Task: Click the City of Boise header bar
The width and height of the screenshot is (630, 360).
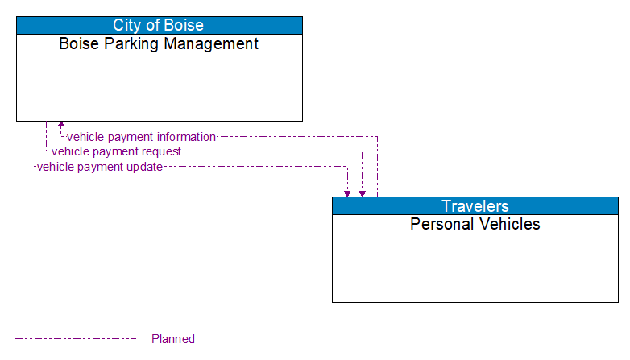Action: (x=159, y=25)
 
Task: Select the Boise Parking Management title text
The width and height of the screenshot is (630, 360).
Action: (x=159, y=43)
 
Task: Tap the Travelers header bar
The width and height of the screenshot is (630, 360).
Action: (x=475, y=205)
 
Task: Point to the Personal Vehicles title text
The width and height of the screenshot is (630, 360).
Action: (x=475, y=224)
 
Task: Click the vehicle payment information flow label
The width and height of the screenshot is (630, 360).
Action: (x=141, y=137)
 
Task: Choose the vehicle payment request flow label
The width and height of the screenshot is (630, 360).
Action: (x=116, y=151)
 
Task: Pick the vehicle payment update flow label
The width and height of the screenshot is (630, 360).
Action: (x=99, y=167)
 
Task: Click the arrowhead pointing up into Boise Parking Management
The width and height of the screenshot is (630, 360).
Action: (x=61, y=126)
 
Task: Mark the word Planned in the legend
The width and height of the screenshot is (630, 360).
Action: (x=173, y=339)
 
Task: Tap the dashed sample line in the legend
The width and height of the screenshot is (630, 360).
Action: (x=76, y=339)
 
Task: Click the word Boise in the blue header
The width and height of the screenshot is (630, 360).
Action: (x=184, y=25)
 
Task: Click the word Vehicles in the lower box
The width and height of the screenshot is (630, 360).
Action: (x=509, y=224)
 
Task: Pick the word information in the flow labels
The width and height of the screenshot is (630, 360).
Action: (x=186, y=137)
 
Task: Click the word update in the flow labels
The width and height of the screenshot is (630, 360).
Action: (x=144, y=167)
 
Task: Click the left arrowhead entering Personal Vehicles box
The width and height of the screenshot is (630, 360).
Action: (x=347, y=193)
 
